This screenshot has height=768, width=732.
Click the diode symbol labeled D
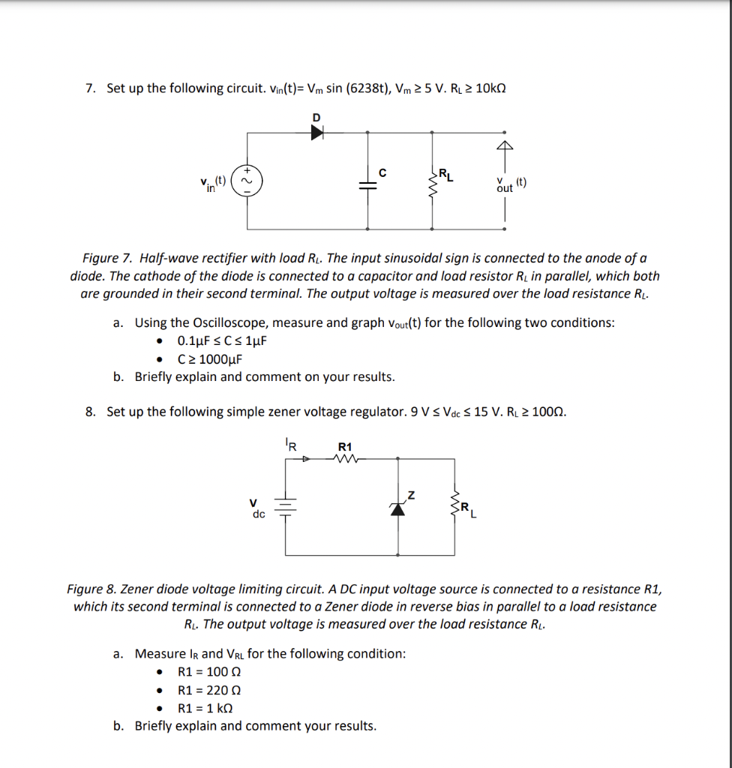[x=316, y=132]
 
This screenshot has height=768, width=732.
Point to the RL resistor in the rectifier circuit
[x=433, y=184]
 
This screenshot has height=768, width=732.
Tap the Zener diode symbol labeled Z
[x=399, y=508]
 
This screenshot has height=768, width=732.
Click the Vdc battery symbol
[x=286, y=508]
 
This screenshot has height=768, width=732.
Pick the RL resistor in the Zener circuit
[x=454, y=508]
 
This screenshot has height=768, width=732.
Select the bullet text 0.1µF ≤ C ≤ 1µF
[x=222, y=341]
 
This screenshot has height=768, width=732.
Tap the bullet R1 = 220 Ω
[x=208, y=690]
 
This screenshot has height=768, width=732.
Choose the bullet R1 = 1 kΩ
[x=205, y=708]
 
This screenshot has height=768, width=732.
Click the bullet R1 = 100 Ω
[x=208, y=672]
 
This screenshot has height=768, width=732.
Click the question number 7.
[x=90, y=88]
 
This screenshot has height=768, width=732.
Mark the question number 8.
[x=90, y=412]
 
